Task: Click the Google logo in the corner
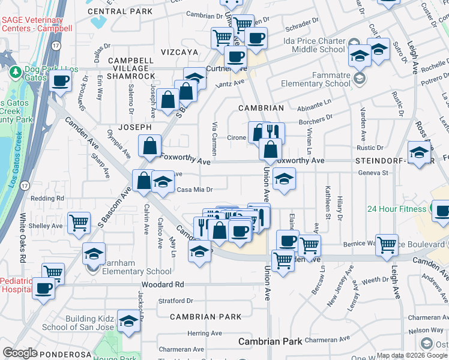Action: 20,353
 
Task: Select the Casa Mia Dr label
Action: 195,190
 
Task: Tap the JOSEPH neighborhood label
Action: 134,127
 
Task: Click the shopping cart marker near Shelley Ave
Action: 79,223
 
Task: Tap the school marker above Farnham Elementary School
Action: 94,253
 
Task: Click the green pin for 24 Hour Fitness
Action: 432,209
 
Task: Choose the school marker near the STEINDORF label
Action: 418,151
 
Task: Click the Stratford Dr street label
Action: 175,301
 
